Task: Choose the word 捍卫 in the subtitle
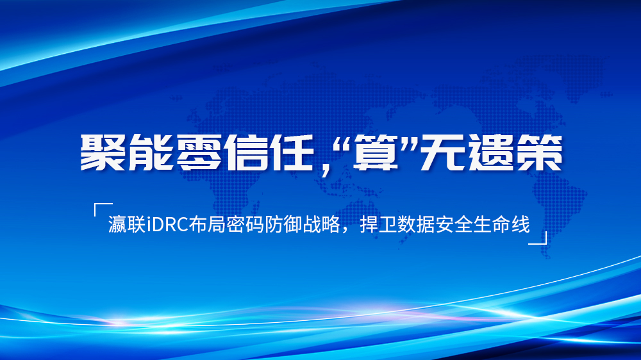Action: point(378,225)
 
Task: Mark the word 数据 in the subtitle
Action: point(416,225)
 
